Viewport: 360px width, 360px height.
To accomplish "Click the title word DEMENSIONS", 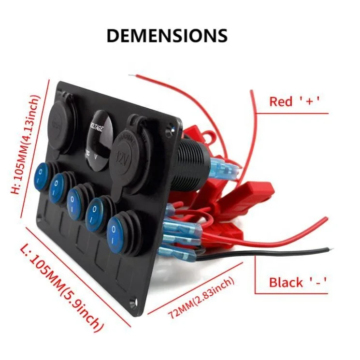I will (166, 35).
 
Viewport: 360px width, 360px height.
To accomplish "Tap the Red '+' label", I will (295, 101).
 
